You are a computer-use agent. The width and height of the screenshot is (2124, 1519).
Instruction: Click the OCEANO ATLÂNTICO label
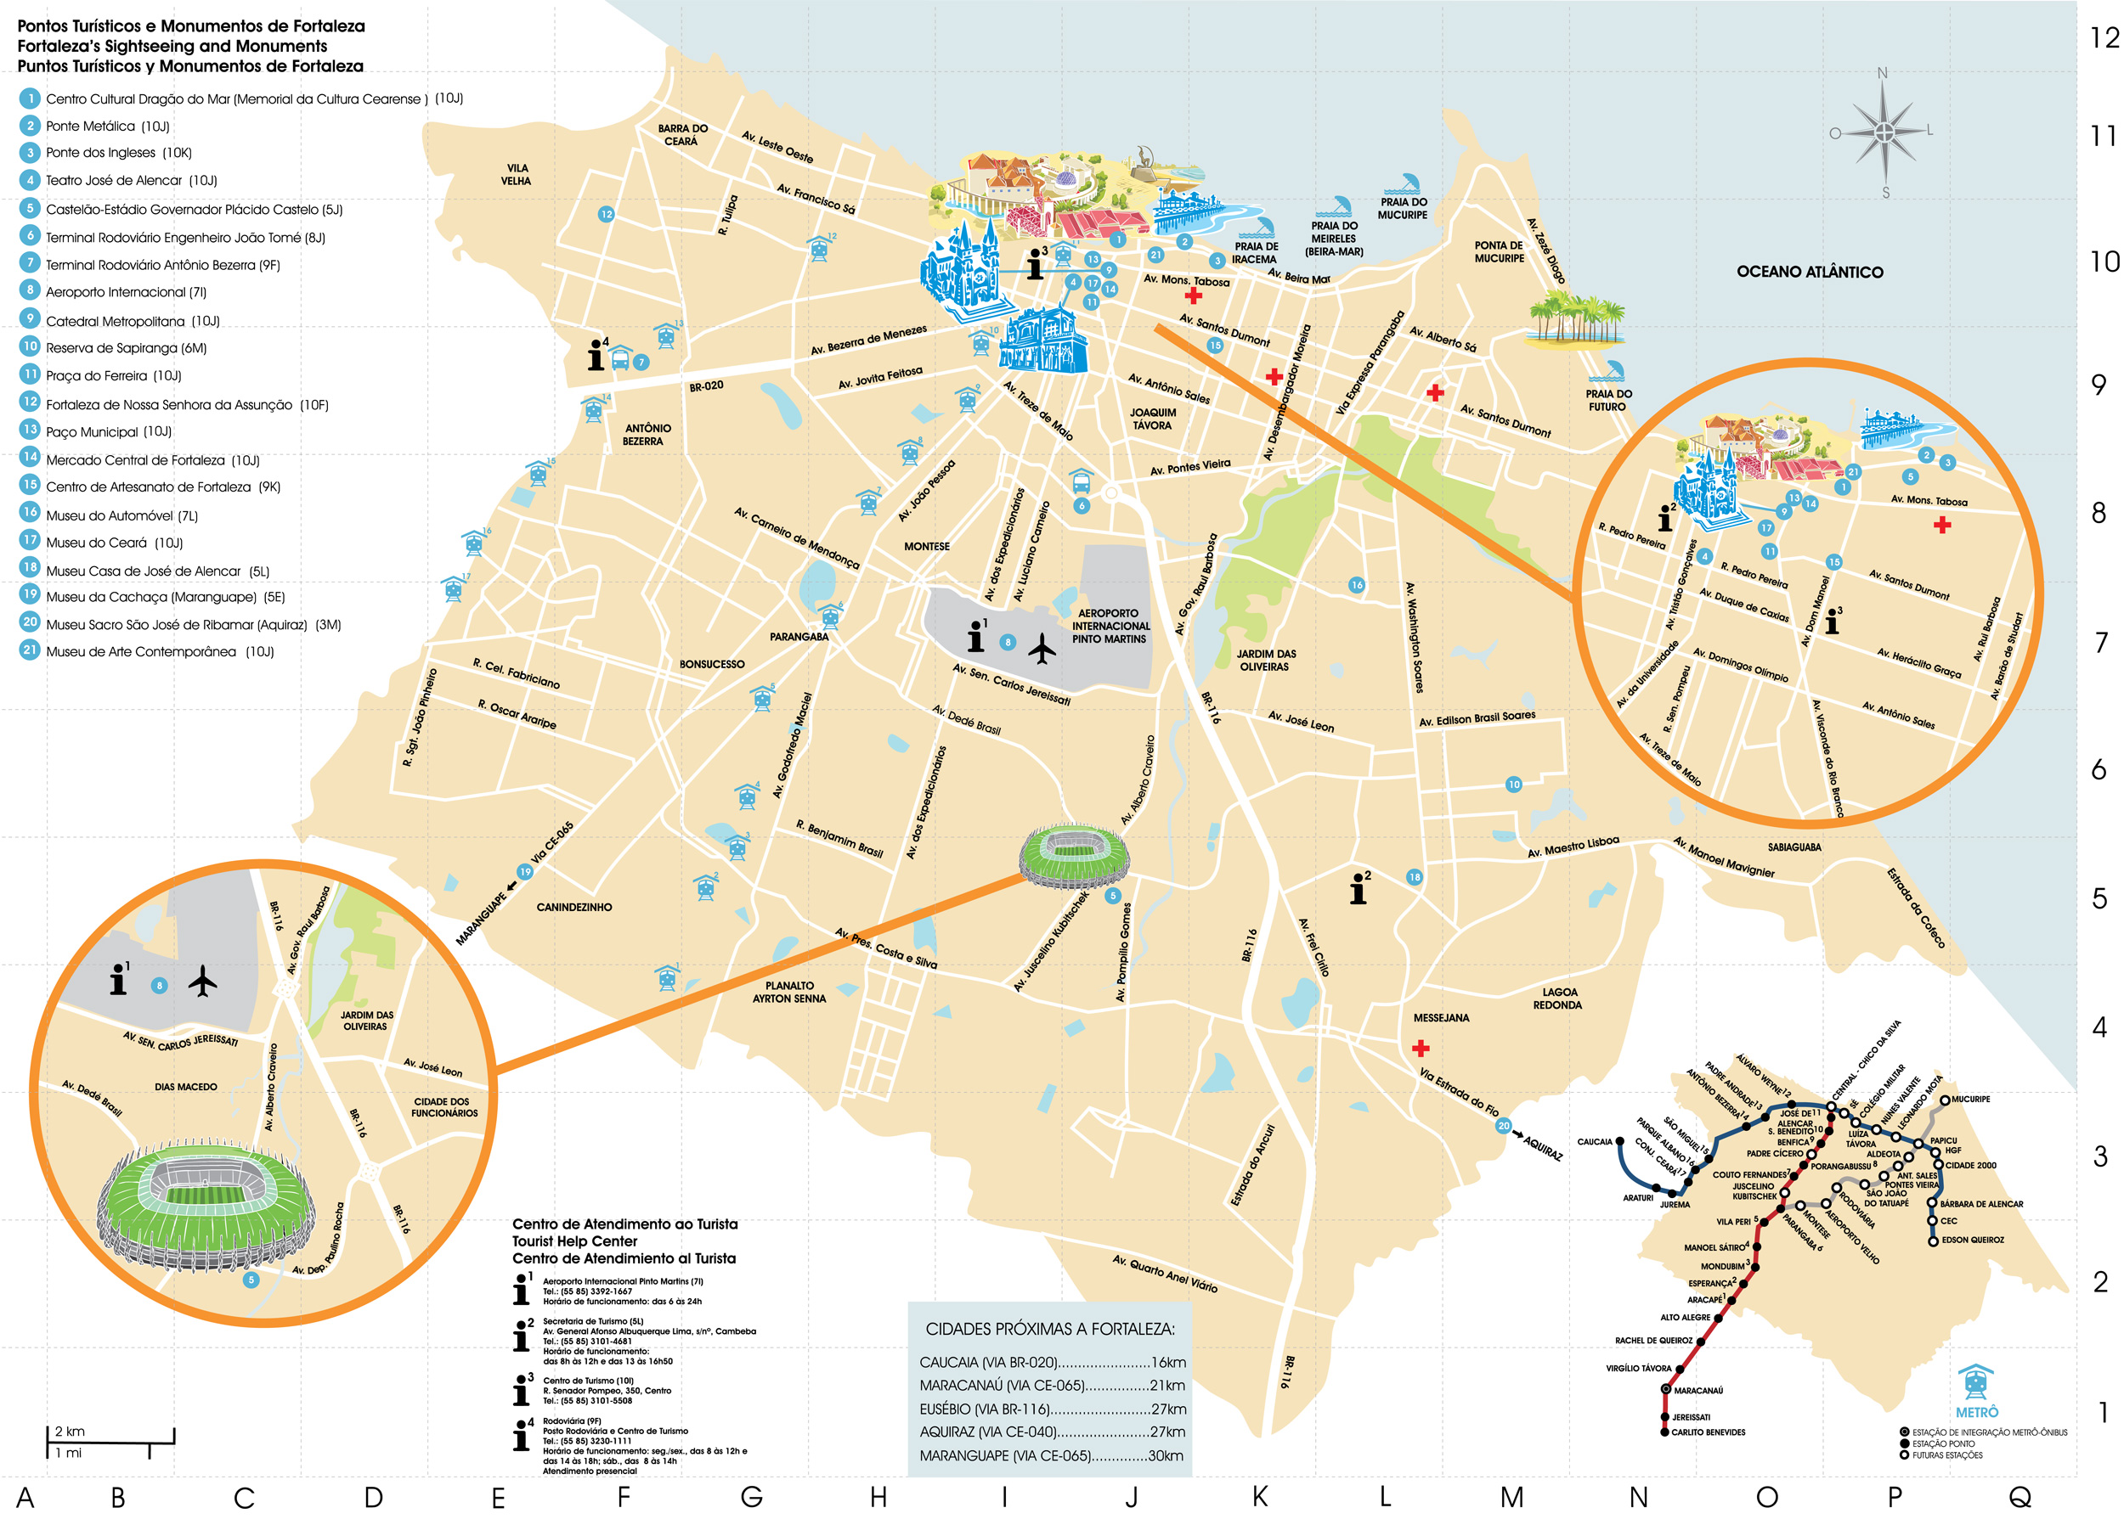1809,273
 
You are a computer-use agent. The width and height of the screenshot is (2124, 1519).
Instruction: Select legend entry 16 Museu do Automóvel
121,515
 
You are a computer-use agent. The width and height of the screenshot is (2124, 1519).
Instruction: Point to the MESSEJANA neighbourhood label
1440,1018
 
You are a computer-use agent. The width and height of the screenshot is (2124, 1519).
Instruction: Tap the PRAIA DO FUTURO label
1607,400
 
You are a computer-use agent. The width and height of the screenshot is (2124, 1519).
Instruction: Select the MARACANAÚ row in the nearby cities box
1051,1385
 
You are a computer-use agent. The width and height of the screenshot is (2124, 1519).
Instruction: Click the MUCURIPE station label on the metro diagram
1969,1099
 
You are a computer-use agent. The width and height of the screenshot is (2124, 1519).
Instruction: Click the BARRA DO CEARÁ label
682,135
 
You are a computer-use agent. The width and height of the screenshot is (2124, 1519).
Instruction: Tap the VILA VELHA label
516,174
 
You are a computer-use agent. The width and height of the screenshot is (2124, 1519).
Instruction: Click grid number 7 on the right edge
2100,643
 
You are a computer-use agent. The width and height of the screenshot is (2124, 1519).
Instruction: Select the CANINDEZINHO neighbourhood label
573,908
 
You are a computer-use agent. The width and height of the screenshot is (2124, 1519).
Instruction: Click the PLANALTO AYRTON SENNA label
788,992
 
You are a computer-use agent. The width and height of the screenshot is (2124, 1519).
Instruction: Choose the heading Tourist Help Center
573,1241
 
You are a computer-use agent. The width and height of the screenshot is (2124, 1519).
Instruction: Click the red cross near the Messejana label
1421,1048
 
